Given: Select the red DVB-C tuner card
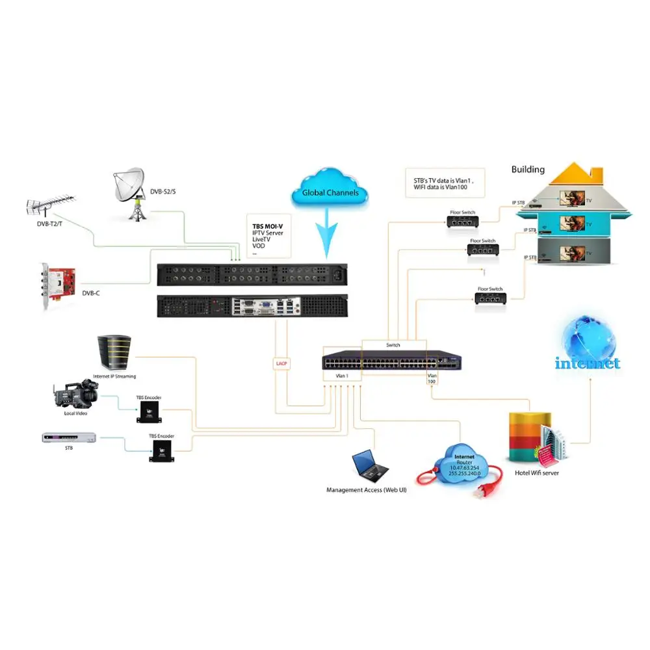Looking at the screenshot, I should [x=60, y=285].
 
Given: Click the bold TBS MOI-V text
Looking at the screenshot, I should [x=268, y=226].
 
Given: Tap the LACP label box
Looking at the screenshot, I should [x=281, y=363].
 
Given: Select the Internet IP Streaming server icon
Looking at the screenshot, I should [x=114, y=353].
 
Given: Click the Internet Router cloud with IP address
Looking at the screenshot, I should [x=463, y=462].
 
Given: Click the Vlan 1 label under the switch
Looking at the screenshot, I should [x=333, y=376].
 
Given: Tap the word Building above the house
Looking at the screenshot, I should [x=528, y=170].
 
